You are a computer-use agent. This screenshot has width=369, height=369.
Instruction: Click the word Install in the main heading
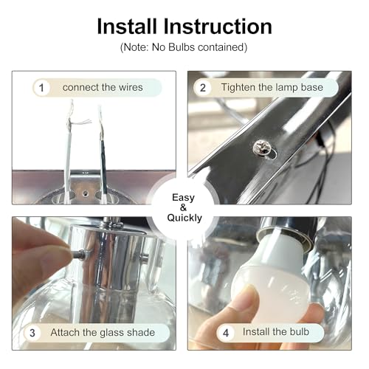tap(127, 26)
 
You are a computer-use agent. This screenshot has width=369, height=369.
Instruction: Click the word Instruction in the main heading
tap(218, 26)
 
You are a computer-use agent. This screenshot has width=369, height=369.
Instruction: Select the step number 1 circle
tap(41, 88)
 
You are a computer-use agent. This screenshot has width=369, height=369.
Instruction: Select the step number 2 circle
tap(203, 88)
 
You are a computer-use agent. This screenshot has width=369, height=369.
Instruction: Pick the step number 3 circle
tap(32, 333)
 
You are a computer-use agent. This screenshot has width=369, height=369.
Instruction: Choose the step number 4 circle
tap(226, 333)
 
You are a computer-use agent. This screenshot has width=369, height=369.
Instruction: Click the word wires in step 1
tap(131, 87)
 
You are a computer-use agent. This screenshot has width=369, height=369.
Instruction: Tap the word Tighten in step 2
tap(238, 88)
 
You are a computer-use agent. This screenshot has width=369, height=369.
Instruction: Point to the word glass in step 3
tap(112, 333)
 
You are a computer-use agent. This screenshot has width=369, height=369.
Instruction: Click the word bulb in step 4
tap(299, 331)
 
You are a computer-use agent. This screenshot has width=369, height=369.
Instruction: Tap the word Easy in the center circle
tap(183, 198)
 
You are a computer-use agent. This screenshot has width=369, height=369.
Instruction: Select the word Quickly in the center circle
tap(184, 218)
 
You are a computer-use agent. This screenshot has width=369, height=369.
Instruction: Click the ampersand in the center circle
tap(183, 208)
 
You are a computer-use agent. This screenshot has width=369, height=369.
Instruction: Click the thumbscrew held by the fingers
tap(79, 254)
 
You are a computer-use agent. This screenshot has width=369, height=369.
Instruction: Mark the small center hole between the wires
tap(85, 193)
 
